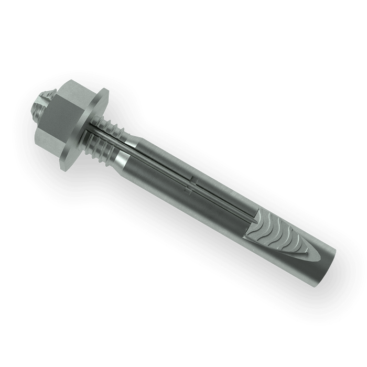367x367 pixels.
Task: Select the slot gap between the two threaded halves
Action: [113, 137]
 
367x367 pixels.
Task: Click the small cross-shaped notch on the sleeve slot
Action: [193, 182]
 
